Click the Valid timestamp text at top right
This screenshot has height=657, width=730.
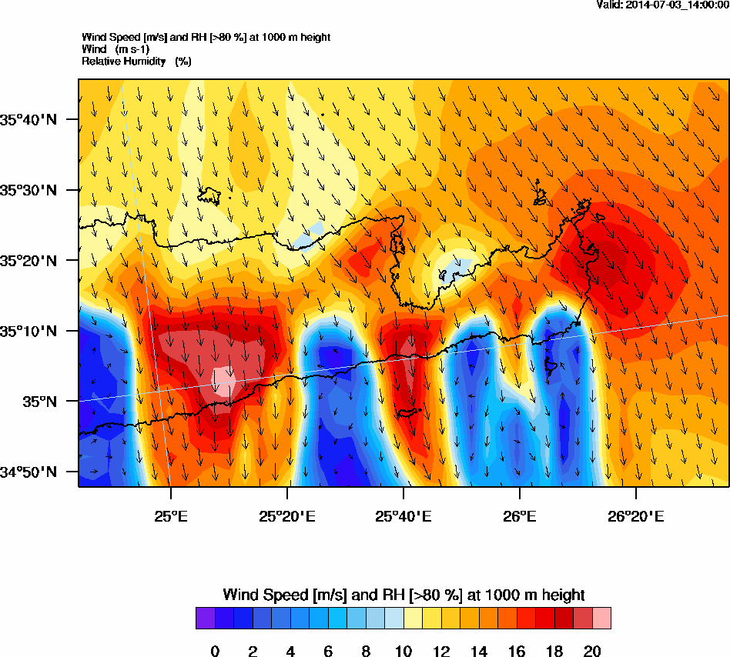point(662,5)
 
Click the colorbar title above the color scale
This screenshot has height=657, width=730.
point(404,595)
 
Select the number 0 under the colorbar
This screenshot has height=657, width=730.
point(215,652)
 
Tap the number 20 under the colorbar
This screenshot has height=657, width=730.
point(592,652)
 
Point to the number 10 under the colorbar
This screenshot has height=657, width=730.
point(404,652)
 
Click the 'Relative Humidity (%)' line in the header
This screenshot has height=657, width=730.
point(136,61)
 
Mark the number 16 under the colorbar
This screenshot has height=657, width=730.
point(517,652)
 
